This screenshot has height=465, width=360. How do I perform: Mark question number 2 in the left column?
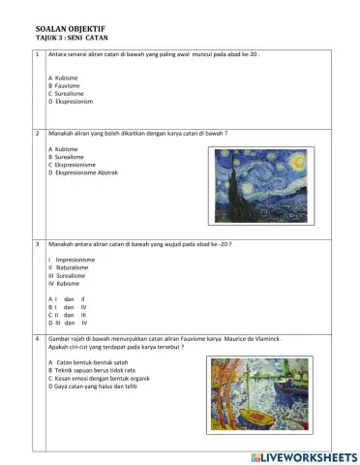click(x=36, y=132)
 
